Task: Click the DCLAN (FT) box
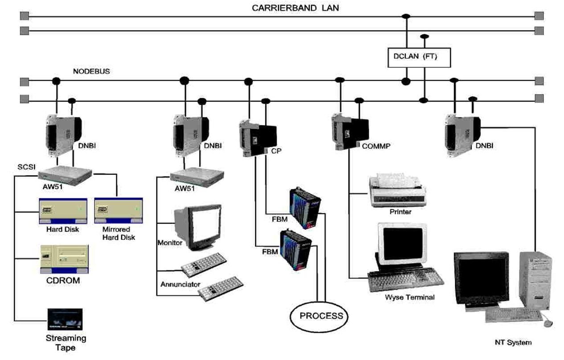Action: coord(419,57)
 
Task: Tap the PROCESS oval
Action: coord(318,316)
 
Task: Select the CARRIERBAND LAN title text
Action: coord(295,8)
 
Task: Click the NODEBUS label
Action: coord(92,71)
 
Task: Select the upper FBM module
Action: coord(305,207)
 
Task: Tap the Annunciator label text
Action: coord(180,284)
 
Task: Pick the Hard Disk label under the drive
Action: coord(62,229)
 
